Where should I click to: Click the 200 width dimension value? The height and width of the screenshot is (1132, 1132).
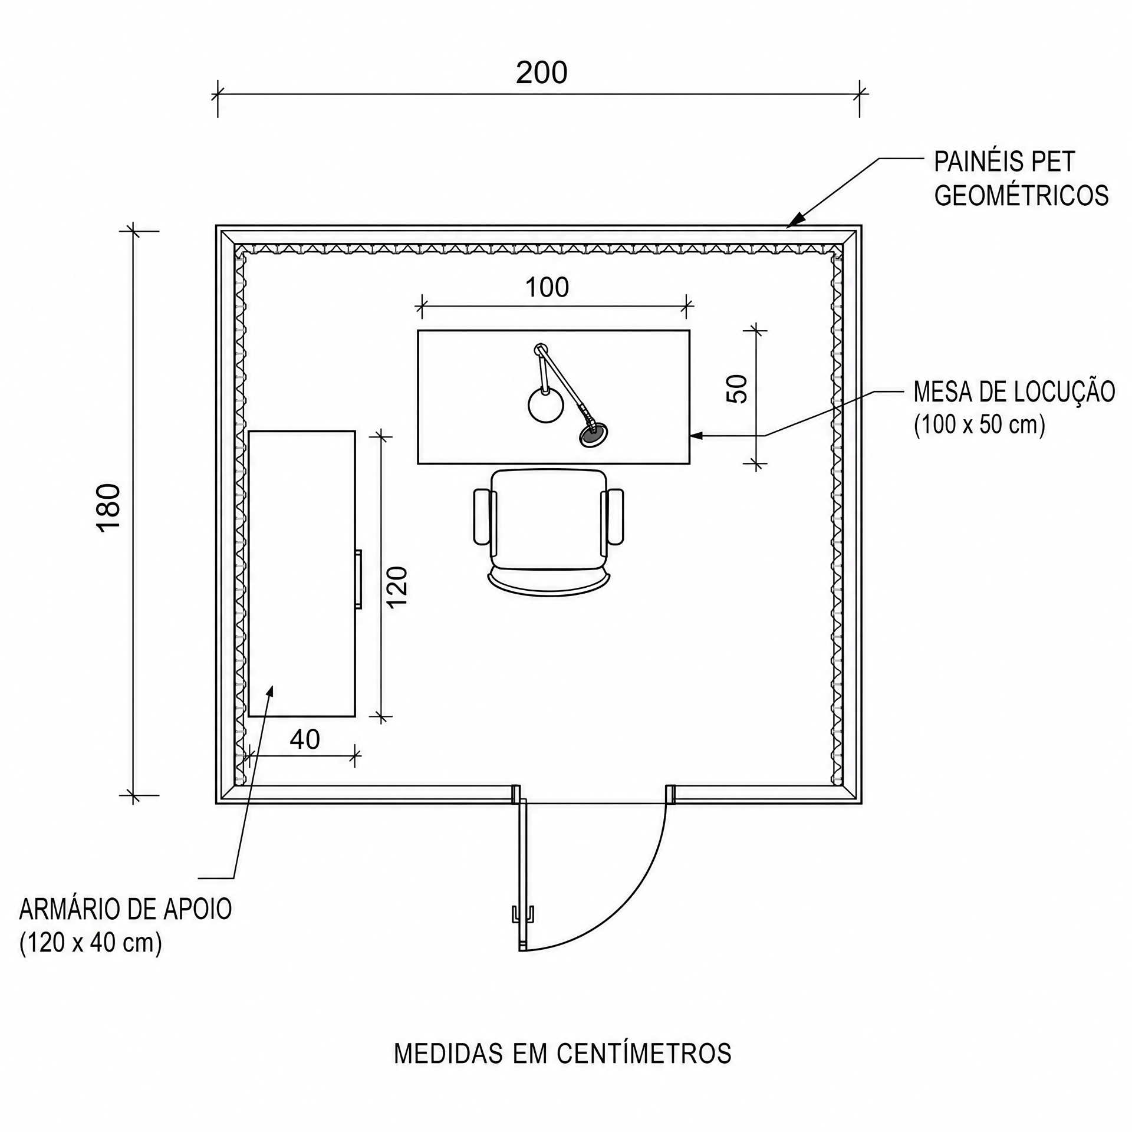[x=541, y=73]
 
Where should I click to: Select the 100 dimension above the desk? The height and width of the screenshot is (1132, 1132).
[x=547, y=288]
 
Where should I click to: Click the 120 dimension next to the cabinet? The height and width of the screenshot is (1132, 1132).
[x=397, y=587]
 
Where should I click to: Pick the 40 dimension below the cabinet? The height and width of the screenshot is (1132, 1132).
[x=305, y=739]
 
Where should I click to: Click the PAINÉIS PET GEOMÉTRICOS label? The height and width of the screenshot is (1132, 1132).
[x=1021, y=179]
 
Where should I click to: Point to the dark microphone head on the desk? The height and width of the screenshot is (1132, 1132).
[x=594, y=435]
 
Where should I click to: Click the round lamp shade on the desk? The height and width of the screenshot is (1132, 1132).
[x=545, y=404]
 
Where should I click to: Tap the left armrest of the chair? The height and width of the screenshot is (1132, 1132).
[x=483, y=516]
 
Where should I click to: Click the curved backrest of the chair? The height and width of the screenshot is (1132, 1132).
[x=549, y=586]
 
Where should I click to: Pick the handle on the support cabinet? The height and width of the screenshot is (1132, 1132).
[x=358, y=579]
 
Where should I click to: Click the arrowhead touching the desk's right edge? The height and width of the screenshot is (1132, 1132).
[x=696, y=436]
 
